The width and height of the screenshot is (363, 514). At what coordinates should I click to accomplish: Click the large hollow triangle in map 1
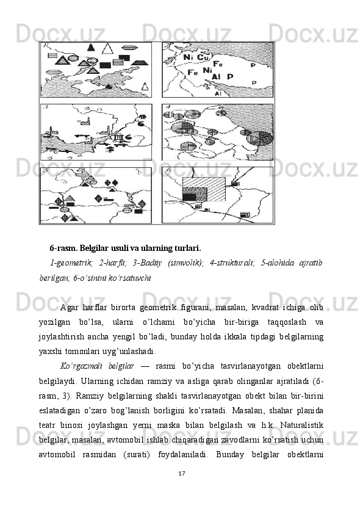pos(107,49)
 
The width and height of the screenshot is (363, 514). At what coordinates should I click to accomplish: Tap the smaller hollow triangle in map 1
pos(145,86)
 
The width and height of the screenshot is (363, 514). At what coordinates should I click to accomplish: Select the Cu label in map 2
pos(203,57)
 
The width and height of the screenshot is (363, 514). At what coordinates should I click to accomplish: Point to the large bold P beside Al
pos(231,77)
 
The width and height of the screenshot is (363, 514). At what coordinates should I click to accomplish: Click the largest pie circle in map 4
pos(260,138)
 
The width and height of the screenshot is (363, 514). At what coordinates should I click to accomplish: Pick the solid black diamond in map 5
pos(115,183)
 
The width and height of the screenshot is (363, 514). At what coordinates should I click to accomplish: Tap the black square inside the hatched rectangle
pos(189,197)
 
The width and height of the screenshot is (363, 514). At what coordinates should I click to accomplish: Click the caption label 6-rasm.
pos(63,248)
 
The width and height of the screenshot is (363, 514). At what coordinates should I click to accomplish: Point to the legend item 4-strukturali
pos(232,263)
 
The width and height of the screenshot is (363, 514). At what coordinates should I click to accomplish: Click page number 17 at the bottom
pos(182,473)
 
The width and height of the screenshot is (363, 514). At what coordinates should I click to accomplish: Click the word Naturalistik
pos(302,425)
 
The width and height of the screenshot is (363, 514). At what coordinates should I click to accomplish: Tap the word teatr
pos(46,425)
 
